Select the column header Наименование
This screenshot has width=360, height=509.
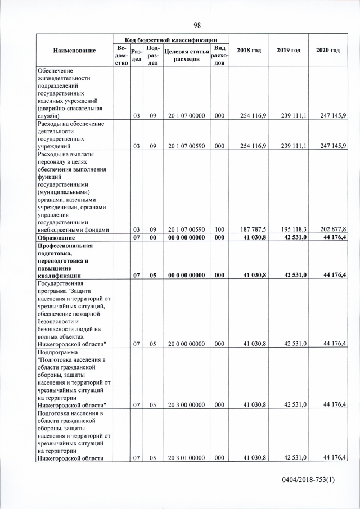pos(74,51)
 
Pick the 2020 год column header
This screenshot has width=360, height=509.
pos(327,51)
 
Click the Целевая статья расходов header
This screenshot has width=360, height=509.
pos(185,55)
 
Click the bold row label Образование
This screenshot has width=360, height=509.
pos(57,238)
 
